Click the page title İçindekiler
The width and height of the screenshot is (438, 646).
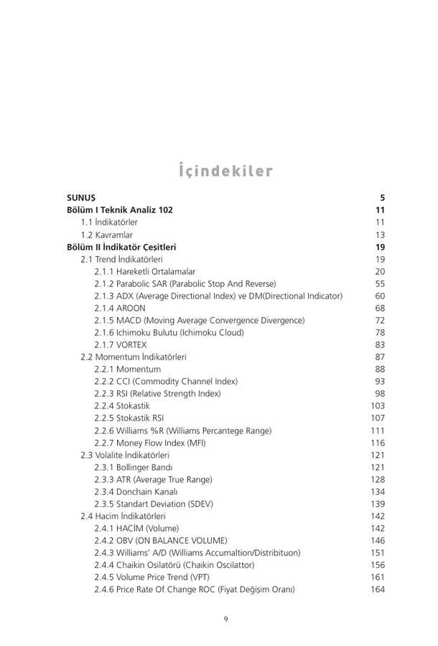coord(225,171)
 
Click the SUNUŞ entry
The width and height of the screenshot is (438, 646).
coord(81,198)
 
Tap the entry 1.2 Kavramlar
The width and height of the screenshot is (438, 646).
coord(106,235)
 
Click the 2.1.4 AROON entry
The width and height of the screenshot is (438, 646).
coord(119,308)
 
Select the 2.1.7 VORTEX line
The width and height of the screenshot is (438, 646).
coord(121,345)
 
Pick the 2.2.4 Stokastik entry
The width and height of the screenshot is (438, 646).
coord(122,406)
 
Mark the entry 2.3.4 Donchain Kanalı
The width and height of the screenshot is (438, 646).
coord(136,491)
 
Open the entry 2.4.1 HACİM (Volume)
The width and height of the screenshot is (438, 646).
coord(131,528)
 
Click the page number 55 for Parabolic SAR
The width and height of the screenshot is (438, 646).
coord(380,284)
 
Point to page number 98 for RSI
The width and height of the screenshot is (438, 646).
coord(380,393)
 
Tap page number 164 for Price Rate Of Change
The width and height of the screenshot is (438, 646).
coord(378,589)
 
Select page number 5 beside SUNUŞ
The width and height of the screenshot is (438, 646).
coord(383,198)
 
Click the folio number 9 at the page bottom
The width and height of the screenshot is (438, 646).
coord(225,619)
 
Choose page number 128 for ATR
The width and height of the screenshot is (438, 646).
coord(378,479)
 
